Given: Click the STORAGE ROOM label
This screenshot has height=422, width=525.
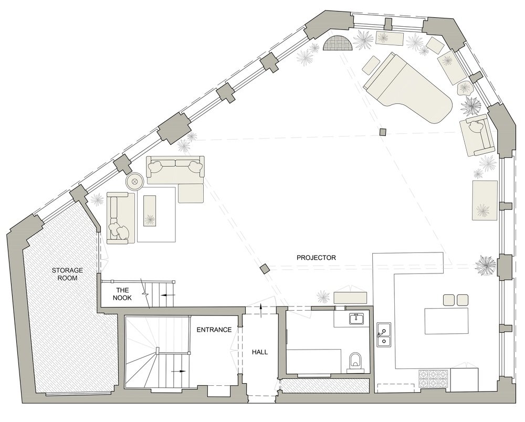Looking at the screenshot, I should click(64, 274).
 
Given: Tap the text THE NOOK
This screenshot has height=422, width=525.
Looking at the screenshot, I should click(123, 293).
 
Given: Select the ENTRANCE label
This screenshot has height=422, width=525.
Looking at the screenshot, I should click(214, 330).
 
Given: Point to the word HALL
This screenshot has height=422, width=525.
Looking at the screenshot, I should click(259, 352).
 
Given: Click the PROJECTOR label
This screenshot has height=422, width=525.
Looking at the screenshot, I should click(316, 258).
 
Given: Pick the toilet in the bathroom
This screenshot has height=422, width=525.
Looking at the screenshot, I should click(354, 361).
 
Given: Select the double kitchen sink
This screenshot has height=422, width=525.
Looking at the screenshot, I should click(384, 336).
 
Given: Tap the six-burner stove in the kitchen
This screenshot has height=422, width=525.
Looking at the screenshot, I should click(434, 378).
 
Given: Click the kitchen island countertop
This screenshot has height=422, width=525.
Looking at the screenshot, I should click(446, 321).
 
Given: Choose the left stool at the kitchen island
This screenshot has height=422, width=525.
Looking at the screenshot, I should click(449, 300).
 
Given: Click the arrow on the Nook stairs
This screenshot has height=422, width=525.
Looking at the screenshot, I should click(167, 296).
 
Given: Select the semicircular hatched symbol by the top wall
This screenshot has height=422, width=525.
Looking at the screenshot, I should click(338, 44).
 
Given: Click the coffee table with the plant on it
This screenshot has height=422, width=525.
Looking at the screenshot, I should click(150, 211).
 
